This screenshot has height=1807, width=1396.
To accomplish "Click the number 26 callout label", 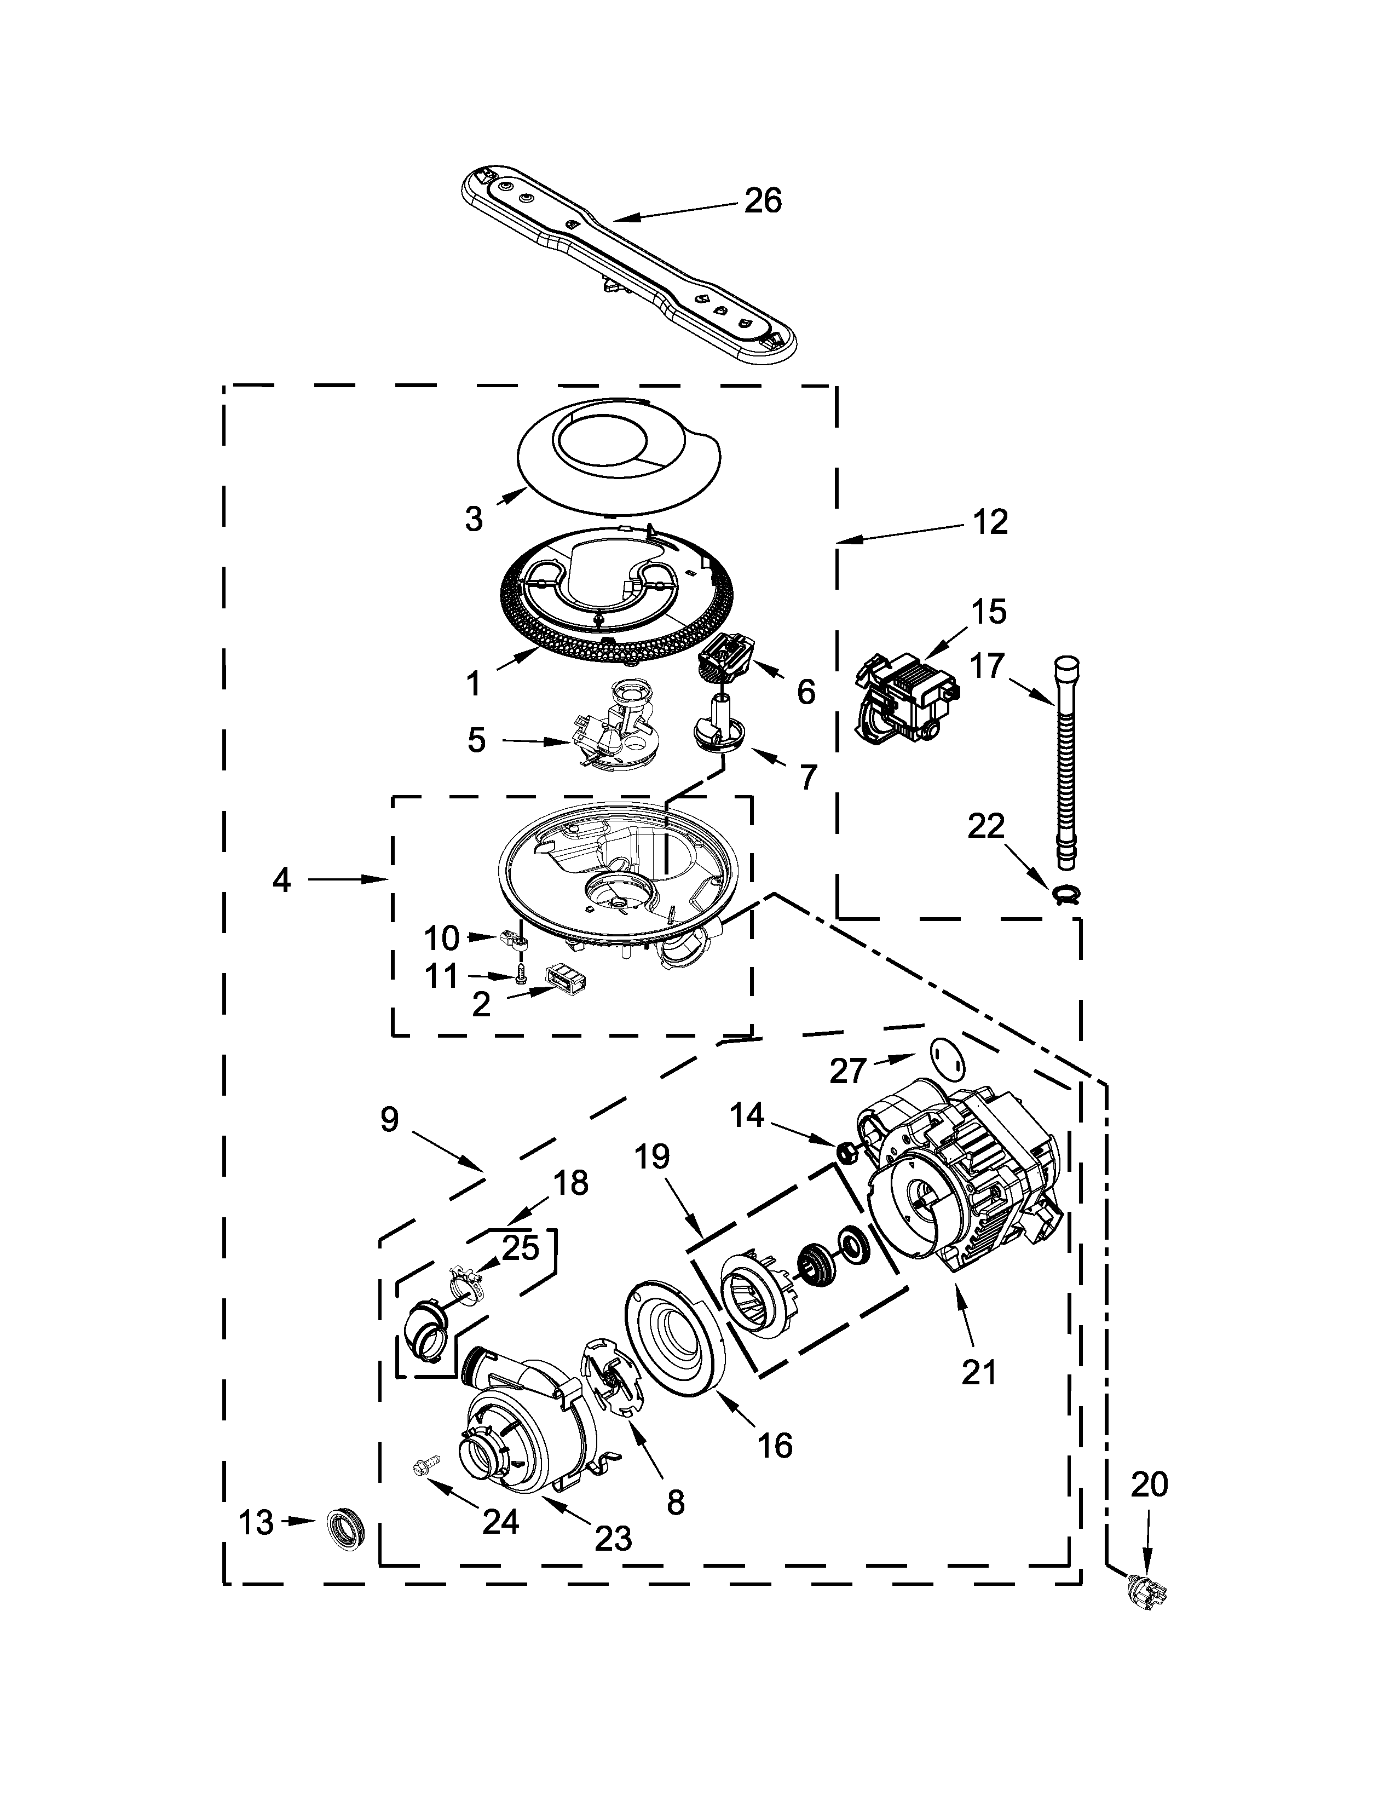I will click(x=763, y=201).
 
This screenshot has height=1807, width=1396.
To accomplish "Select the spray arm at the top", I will click(x=628, y=263).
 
